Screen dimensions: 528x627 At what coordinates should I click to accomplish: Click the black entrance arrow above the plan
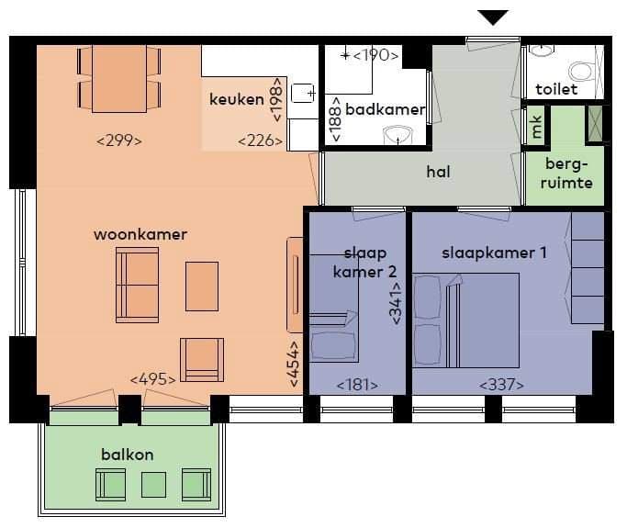[494, 17]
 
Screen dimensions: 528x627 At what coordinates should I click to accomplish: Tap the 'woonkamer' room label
[140, 234]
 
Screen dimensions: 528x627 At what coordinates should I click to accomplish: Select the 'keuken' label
[237, 99]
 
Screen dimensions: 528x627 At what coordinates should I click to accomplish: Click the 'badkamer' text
[386, 109]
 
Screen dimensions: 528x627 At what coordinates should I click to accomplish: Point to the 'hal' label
[438, 171]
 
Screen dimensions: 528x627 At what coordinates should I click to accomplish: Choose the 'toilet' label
[556, 89]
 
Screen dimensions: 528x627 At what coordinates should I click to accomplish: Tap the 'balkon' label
[128, 455]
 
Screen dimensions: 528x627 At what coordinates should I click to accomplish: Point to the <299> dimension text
[119, 140]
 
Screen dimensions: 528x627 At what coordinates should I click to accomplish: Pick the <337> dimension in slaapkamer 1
[501, 385]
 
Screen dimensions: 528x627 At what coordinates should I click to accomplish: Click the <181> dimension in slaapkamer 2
[357, 385]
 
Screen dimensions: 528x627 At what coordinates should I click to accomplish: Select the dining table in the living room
[118, 77]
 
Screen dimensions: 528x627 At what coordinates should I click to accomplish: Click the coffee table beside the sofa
[202, 286]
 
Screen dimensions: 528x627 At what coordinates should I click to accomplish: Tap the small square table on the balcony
[153, 482]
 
